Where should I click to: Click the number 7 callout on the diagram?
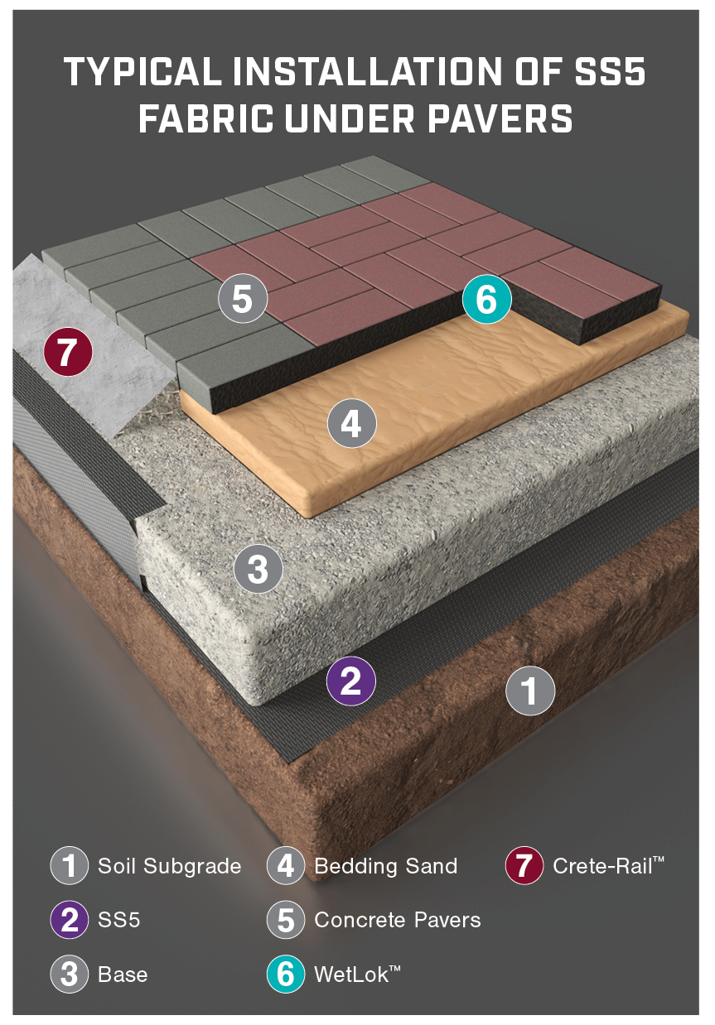(68, 352)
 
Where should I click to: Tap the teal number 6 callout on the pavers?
(486, 299)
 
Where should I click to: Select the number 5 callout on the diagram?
(243, 298)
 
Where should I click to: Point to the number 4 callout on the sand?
(352, 423)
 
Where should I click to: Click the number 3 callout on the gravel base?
(258, 569)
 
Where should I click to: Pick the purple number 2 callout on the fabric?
(350, 681)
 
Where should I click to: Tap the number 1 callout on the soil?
(530, 691)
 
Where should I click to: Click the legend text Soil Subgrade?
(170, 866)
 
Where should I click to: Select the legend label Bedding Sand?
(386, 866)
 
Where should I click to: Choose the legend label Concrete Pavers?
(398, 920)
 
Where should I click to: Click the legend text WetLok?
(357, 974)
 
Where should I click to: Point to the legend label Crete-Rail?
(608, 865)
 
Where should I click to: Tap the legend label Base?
(123, 974)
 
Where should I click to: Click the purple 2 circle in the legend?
(69, 920)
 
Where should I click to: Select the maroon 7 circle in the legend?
(524, 865)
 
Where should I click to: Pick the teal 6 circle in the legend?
(286, 974)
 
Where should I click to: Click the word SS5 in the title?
(610, 71)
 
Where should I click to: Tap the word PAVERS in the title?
(500, 118)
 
